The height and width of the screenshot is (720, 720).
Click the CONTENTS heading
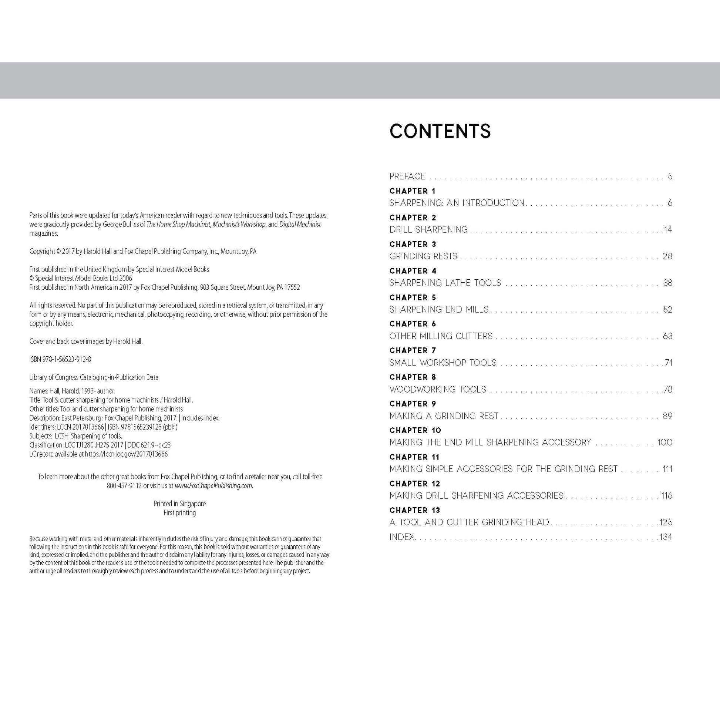[440, 131]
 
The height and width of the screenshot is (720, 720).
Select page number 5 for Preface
[670, 176]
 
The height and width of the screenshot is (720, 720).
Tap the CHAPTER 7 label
[413, 350]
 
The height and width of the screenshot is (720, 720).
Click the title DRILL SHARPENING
[428, 229]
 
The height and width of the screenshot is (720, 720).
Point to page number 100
[665, 443]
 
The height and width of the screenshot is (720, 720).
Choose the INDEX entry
[403, 537]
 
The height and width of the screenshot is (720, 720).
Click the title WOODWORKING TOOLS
[438, 390]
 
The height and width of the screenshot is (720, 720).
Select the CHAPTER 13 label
[414, 510]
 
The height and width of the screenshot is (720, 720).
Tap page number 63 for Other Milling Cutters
[667, 336]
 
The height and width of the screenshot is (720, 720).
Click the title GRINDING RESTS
[423, 256]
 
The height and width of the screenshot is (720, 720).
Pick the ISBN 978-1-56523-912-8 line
[60, 359]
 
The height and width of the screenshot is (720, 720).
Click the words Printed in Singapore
[179, 504]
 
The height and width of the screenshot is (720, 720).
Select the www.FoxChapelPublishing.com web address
[213, 485]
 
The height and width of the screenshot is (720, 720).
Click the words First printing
[179, 512]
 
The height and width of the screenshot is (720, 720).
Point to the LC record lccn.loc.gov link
[126, 454]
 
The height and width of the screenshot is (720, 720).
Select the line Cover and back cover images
[86, 341]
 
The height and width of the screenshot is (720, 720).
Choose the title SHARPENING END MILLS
[439, 310]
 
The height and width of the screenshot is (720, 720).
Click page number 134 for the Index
[665, 537]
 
